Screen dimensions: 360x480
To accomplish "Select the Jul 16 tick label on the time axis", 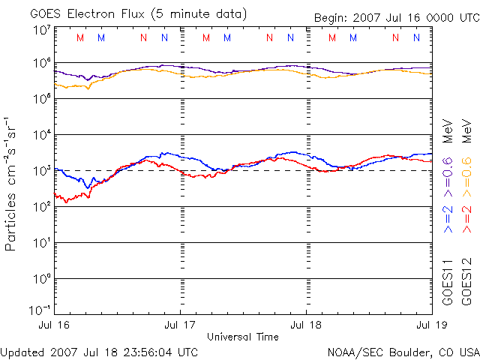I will point(55,325).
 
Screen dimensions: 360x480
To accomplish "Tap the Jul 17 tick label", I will point(181,325).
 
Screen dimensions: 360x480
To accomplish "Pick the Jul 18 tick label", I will point(307,325).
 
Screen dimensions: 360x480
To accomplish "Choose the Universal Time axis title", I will point(243,337).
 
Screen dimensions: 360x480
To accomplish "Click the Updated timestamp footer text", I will point(100,352).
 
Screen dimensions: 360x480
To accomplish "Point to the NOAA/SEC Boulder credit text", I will point(403,352).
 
